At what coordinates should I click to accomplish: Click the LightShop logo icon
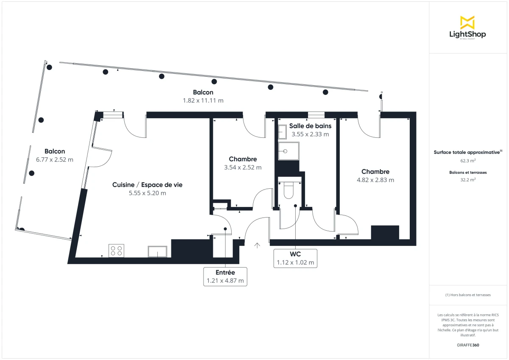tap(467, 22)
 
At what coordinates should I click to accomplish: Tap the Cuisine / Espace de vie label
tap(147, 185)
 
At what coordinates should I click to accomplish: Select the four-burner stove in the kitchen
tap(116, 251)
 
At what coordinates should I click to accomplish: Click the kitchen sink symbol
tap(157, 251)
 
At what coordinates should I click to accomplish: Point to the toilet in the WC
tap(288, 190)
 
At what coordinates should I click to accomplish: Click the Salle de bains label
tap(310, 126)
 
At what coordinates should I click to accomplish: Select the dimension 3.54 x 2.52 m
tap(243, 167)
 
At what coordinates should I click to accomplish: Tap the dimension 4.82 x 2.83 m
tap(375, 180)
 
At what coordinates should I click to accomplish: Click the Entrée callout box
tap(225, 276)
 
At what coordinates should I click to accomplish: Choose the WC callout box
tap(295, 258)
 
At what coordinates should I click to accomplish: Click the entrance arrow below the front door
tap(257, 245)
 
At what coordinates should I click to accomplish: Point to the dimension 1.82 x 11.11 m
tap(203, 100)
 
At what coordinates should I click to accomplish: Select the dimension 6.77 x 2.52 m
tap(55, 160)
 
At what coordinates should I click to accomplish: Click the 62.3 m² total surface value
tap(468, 161)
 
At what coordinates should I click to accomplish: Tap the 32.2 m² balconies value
tap(468, 179)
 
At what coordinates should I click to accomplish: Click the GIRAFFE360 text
tap(468, 345)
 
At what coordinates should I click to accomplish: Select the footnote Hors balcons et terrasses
tap(468, 295)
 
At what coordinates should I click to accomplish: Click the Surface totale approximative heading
tap(467, 152)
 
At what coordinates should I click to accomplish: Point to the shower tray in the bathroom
tap(288, 151)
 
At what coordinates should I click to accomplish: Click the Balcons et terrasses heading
tap(468, 172)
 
